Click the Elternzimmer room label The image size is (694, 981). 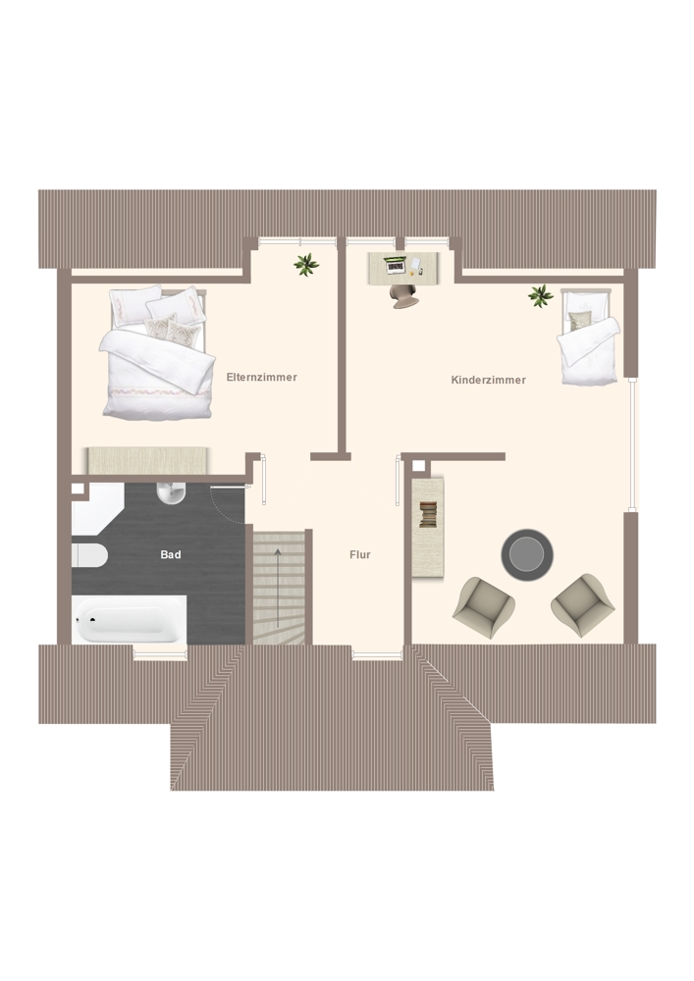[261, 378]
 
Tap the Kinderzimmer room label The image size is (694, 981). [488, 380]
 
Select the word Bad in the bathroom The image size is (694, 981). [171, 554]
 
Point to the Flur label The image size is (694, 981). [360, 554]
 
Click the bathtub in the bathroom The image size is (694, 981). [129, 619]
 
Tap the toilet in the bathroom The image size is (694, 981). [89, 555]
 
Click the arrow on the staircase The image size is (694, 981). [278, 589]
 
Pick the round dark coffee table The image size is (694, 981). [527, 555]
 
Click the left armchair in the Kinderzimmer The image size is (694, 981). [484, 607]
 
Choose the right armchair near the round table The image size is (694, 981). [583, 605]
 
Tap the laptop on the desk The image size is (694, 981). [395, 265]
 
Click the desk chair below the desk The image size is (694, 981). [403, 295]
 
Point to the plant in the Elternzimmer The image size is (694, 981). [306, 265]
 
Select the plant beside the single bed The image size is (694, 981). [540, 295]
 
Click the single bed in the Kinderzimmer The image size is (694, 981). [588, 337]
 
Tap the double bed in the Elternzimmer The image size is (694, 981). [156, 352]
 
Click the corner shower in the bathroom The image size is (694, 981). [97, 508]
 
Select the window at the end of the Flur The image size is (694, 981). [377, 655]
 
